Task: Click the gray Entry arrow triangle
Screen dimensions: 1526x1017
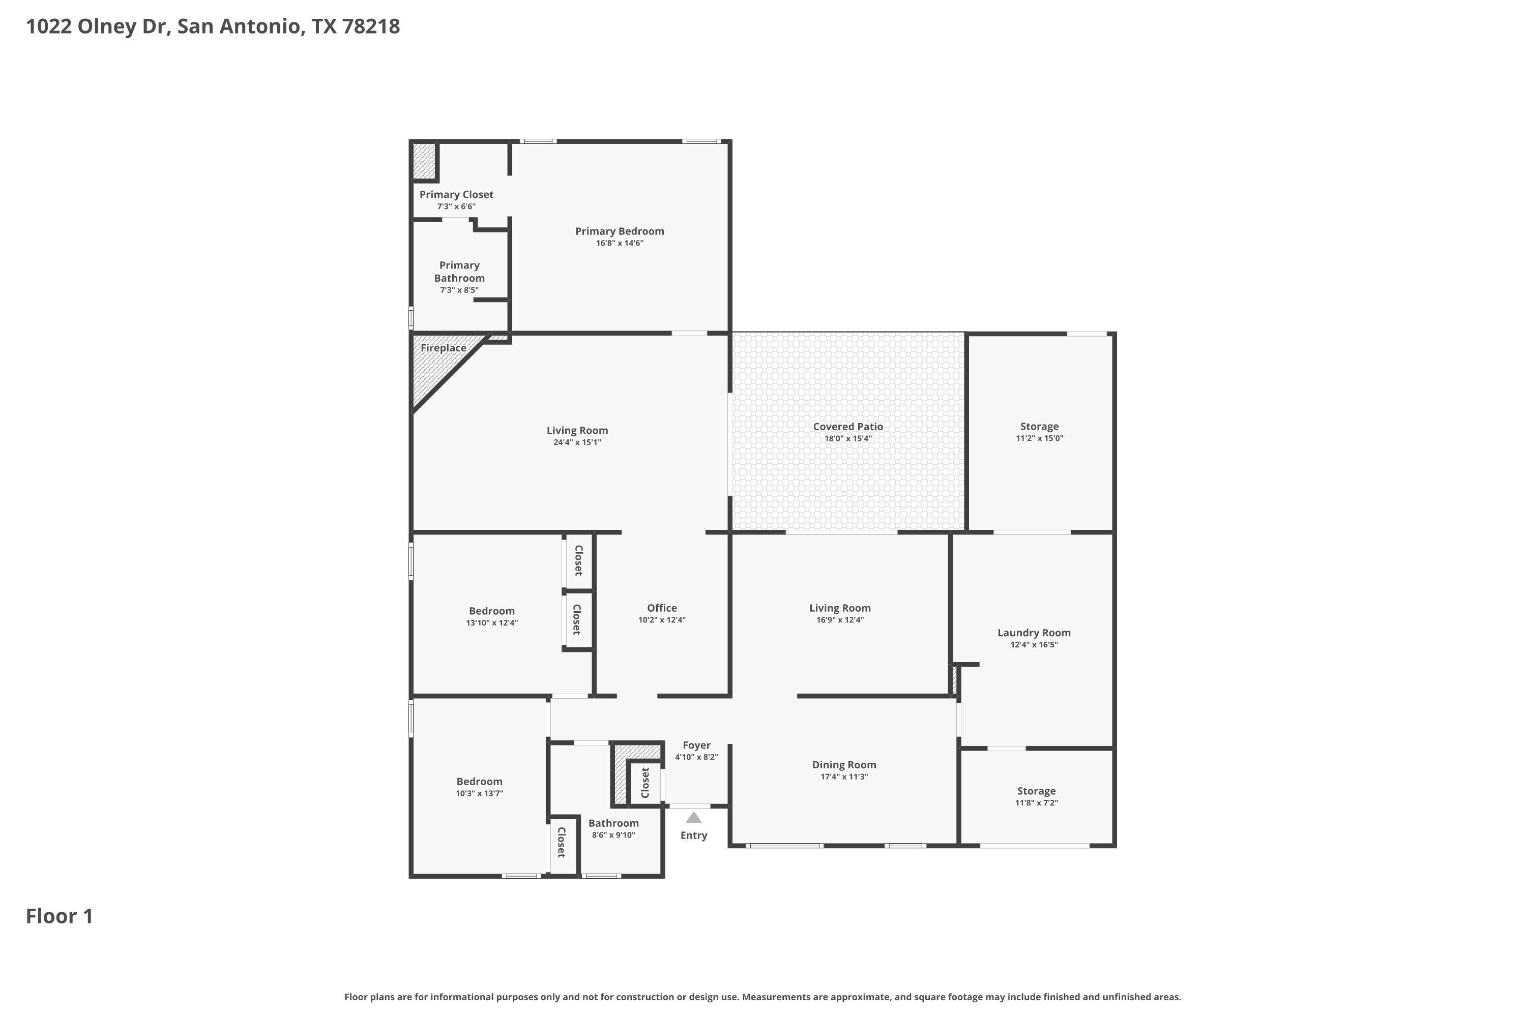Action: click(x=694, y=817)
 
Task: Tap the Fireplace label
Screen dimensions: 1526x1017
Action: click(x=443, y=348)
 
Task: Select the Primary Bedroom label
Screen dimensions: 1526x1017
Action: click(x=620, y=231)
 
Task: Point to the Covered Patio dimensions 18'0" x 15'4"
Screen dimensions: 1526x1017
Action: click(x=848, y=438)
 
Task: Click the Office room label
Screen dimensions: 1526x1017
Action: click(x=662, y=608)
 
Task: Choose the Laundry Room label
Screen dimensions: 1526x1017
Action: click(x=1034, y=633)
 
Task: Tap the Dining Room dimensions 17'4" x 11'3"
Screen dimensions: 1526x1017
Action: click(x=844, y=777)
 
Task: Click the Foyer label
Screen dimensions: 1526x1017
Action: click(x=696, y=746)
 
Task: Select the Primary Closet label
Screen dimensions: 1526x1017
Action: click(x=456, y=195)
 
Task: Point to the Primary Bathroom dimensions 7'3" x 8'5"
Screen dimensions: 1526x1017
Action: click(x=459, y=290)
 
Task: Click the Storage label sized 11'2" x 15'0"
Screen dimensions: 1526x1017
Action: click(x=1039, y=426)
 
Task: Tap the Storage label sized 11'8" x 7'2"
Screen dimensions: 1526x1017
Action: click(x=1036, y=791)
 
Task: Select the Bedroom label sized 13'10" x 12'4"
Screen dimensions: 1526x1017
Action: click(x=492, y=611)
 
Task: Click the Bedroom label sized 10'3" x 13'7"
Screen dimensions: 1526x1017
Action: click(x=480, y=782)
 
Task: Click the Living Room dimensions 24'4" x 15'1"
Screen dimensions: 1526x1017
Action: click(x=577, y=442)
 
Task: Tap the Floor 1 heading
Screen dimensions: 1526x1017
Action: click(x=60, y=916)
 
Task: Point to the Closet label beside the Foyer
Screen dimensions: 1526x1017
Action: click(x=645, y=783)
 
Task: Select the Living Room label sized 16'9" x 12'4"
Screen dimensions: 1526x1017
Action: click(x=840, y=608)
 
